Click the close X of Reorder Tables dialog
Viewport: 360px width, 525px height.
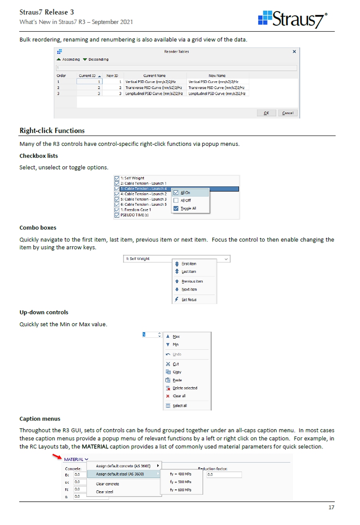294,52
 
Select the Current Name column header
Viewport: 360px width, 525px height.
154,75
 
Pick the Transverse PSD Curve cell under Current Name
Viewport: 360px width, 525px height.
154,87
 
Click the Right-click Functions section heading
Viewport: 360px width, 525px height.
52,131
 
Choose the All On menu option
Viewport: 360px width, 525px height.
185,193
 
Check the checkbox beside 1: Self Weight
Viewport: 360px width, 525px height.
117,178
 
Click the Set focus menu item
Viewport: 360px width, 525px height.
189,299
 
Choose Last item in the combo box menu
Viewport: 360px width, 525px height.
189,272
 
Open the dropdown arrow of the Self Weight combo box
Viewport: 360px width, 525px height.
227,259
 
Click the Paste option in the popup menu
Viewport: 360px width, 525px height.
177,380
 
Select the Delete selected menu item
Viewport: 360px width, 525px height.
185,388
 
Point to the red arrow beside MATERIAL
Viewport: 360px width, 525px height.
58,456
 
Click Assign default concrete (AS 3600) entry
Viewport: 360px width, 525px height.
123,466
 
